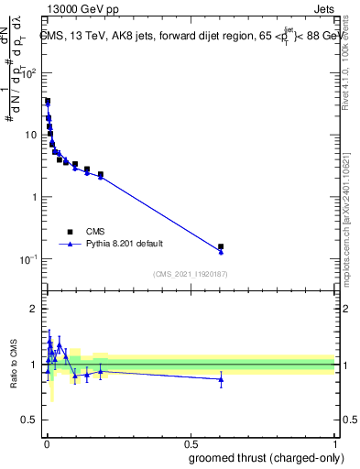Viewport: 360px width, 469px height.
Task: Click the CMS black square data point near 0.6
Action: click(x=221, y=246)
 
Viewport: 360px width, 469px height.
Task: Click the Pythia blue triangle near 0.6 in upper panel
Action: click(x=221, y=252)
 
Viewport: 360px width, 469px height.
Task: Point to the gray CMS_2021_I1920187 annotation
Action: click(x=190, y=274)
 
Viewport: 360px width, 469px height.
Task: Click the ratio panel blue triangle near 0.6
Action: click(x=221, y=379)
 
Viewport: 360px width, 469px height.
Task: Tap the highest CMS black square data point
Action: click(x=48, y=102)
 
